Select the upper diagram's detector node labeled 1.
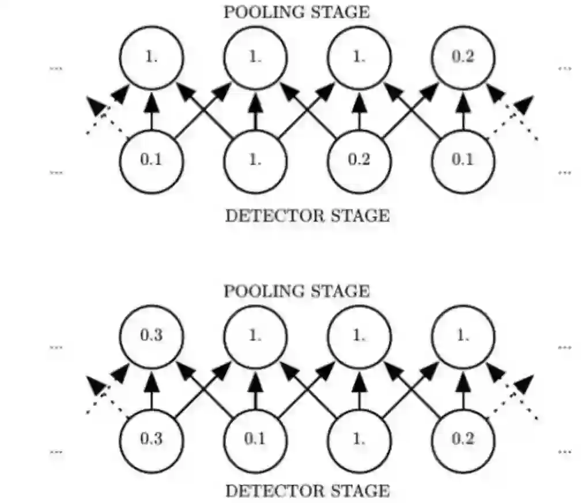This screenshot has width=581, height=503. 255,160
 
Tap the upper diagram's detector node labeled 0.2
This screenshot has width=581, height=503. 359,160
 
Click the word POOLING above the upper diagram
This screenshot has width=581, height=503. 263,12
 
